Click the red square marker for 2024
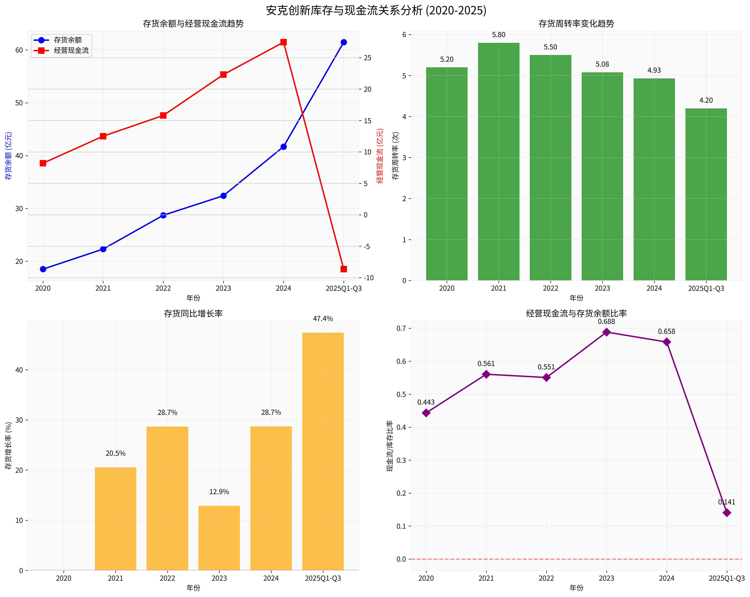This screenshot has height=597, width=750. (284, 42)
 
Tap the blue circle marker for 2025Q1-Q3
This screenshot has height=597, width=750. (344, 42)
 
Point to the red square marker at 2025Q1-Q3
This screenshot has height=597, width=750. (344, 269)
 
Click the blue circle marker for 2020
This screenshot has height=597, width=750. (43, 269)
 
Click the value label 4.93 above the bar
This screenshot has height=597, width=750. (654, 70)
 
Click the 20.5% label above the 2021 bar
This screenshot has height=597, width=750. (115, 453)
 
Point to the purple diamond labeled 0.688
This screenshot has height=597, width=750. (606, 332)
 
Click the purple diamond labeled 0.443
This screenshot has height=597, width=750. (426, 413)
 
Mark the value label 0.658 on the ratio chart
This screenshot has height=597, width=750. (667, 331)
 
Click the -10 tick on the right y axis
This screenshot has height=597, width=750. (369, 278)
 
